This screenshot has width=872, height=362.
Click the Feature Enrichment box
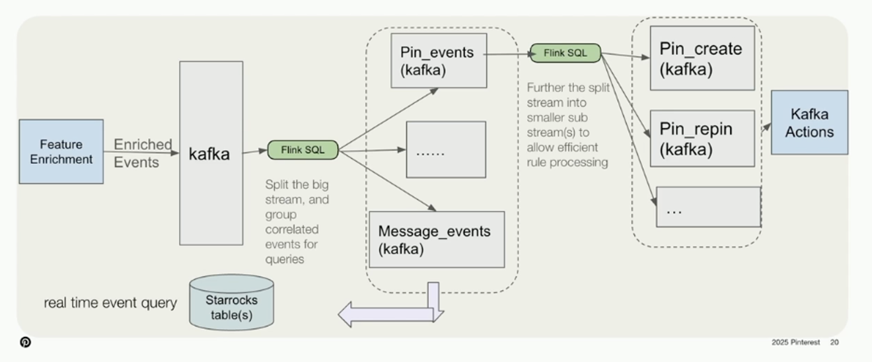[x=61, y=151]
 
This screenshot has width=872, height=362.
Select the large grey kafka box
[x=211, y=153]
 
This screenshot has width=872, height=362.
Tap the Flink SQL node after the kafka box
[x=303, y=150]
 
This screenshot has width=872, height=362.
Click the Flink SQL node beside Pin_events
[x=565, y=53]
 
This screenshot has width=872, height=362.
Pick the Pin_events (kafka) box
[x=439, y=61]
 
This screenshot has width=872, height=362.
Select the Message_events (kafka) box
[x=437, y=239]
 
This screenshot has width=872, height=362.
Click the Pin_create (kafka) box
[x=702, y=58]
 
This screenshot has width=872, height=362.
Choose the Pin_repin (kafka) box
[x=702, y=139]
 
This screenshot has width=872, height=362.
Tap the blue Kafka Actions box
[x=809, y=123]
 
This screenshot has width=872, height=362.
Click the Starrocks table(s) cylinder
[x=231, y=303]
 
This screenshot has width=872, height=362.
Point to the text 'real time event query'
[x=110, y=303]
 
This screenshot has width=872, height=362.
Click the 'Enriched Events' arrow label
[x=142, y=153]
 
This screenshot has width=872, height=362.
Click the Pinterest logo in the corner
[x=25, y=342]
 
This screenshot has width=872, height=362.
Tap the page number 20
[x=834, y=342]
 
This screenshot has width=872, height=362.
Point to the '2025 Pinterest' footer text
[x=795, y=342]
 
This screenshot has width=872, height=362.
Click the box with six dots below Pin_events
[x=446, y=150]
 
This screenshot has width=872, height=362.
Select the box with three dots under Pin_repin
[x=708, y=207]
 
